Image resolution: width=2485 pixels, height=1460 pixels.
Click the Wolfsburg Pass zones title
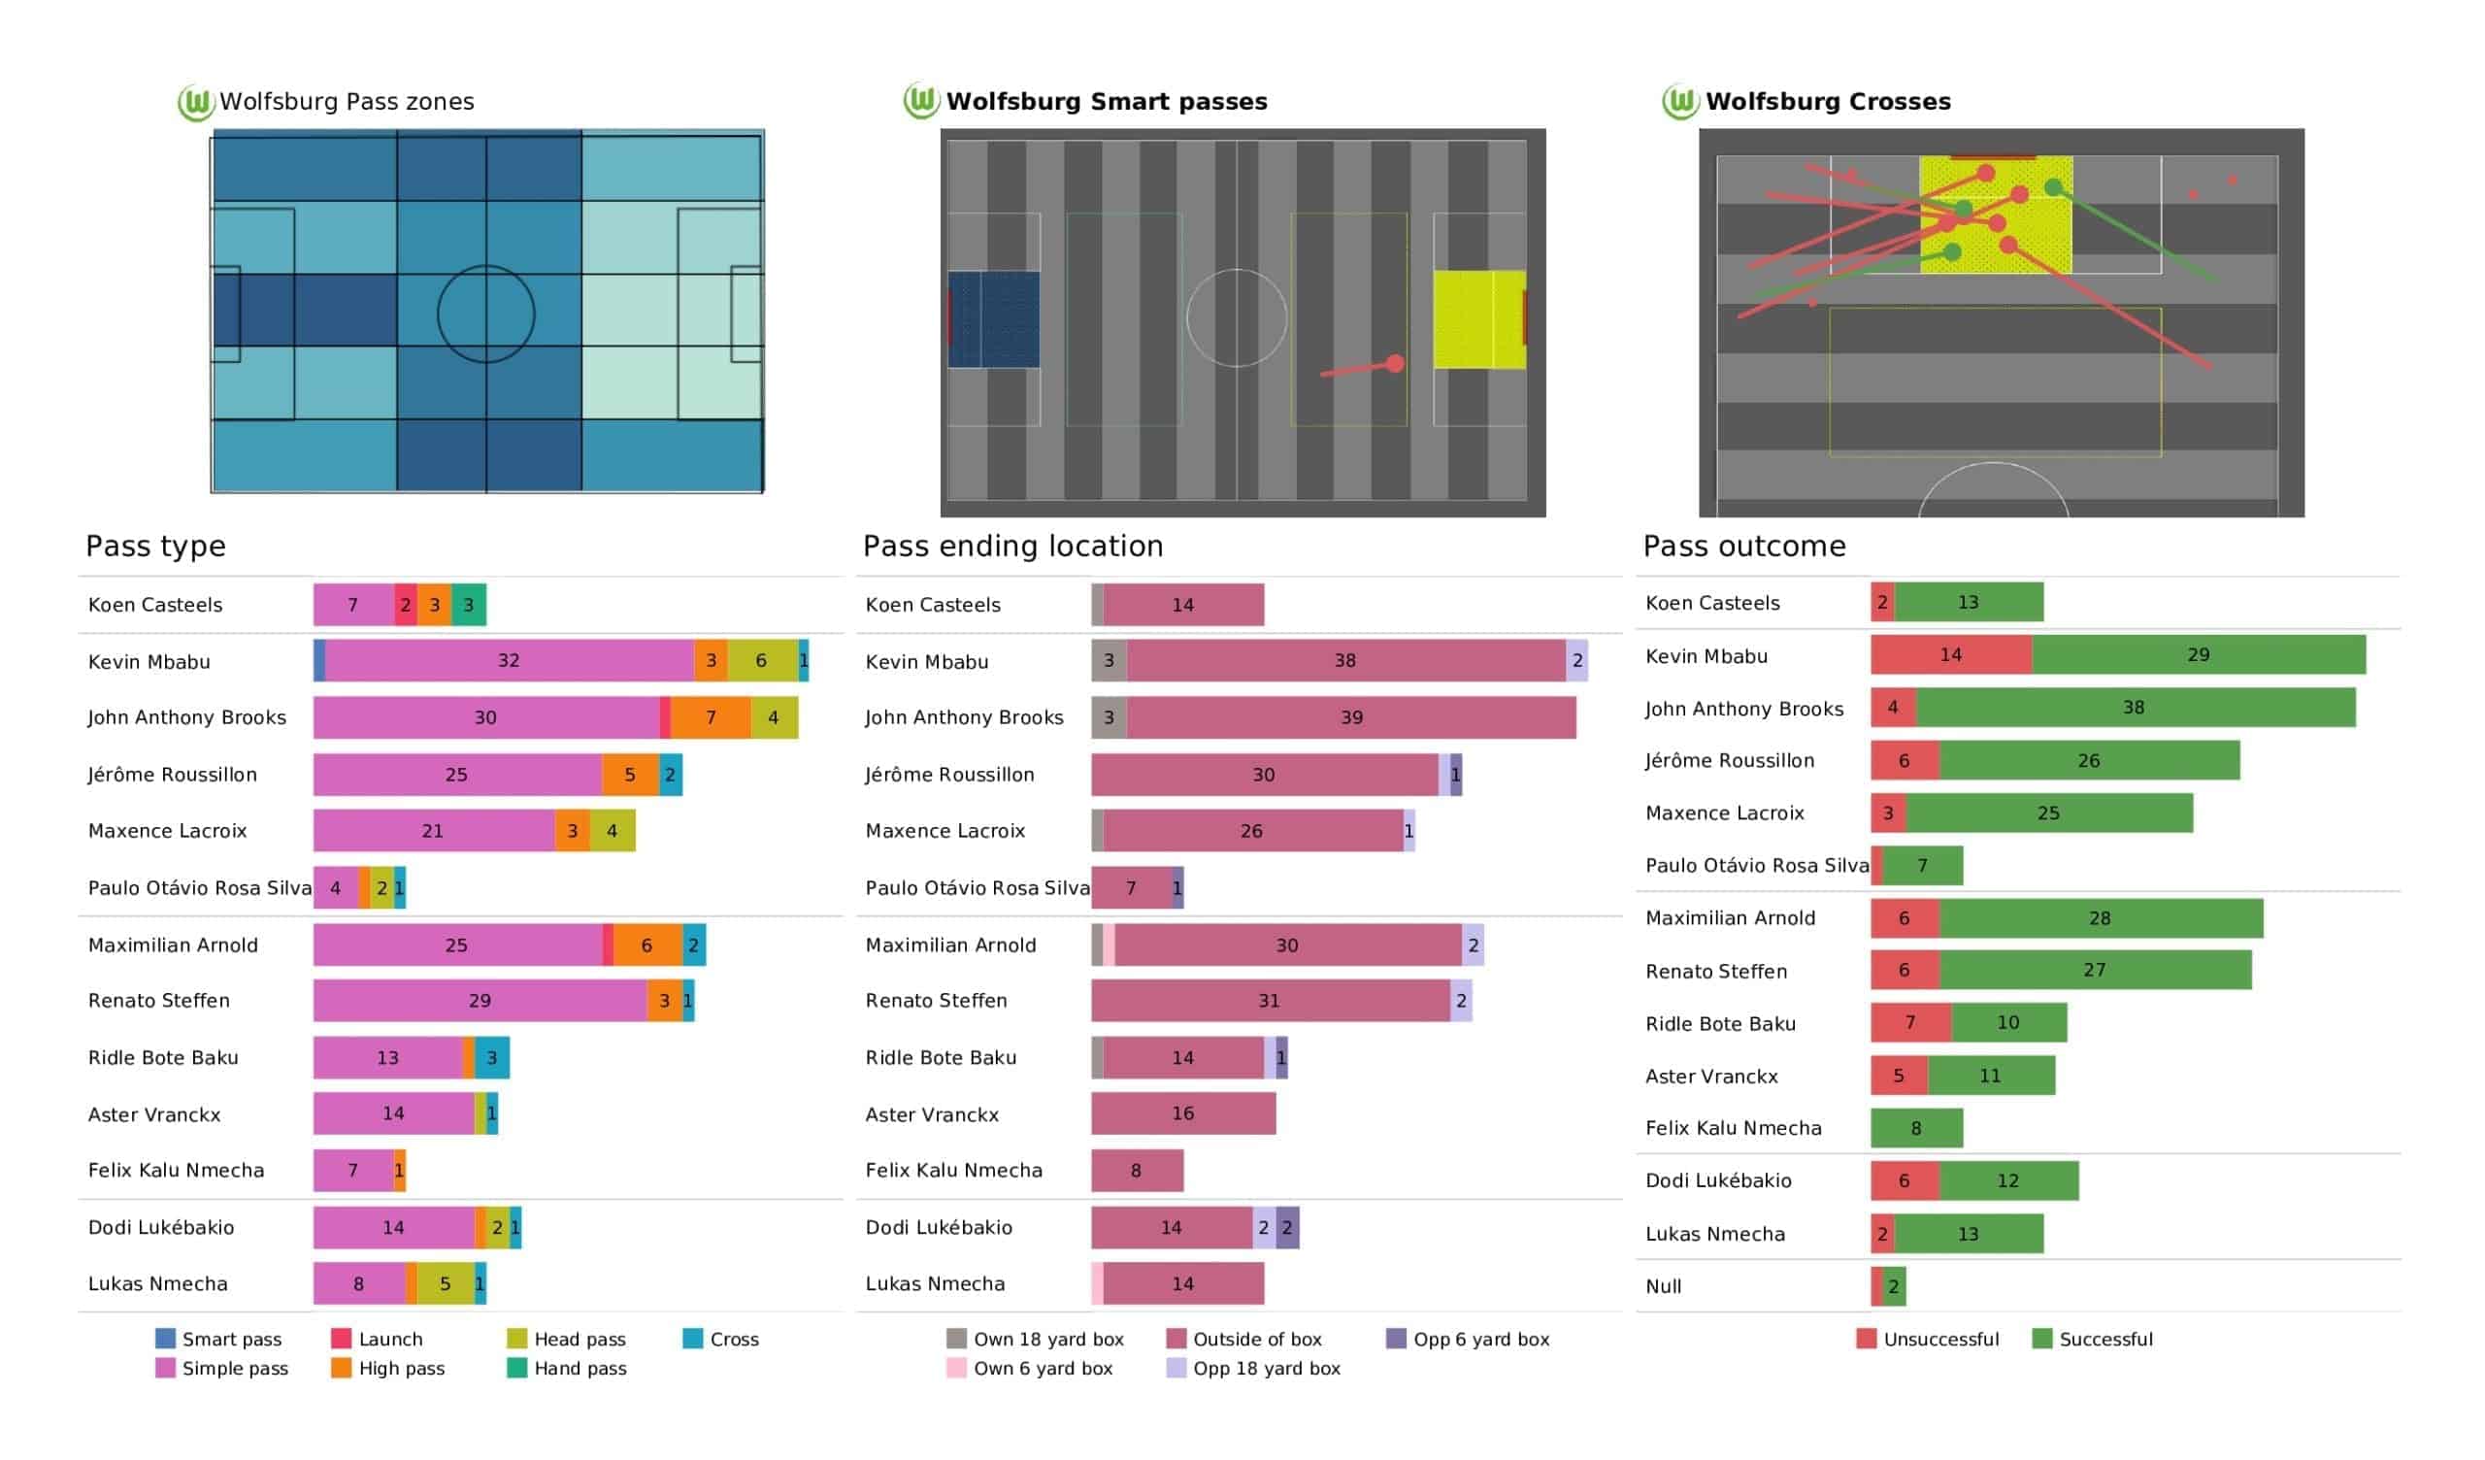[347, 102]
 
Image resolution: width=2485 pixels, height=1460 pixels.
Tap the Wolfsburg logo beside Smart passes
[921, 101]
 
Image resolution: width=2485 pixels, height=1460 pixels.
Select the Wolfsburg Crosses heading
[1827, 102]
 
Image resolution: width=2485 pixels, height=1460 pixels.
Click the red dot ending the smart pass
[1394, 364]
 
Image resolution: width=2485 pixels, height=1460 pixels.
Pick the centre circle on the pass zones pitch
[486, 315]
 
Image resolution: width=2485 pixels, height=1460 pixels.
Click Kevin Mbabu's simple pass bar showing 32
[509, 661]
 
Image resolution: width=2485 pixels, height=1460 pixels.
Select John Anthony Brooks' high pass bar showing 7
[710, 717]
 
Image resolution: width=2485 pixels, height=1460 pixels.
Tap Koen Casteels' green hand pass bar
[469, 605]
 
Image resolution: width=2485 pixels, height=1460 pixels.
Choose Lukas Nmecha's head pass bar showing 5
[445, 1283]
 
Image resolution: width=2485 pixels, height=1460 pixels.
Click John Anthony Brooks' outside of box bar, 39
[1351, 717]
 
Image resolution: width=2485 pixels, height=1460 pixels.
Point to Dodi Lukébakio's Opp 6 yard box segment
[1287, 1227]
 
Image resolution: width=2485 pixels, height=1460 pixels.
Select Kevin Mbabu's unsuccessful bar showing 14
[1950, 655]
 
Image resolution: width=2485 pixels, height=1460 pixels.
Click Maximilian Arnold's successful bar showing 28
[2101, 918]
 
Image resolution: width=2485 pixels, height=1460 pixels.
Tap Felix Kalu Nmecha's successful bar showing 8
[1916, 1129]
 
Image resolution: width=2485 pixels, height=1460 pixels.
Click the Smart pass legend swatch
[166, 1339]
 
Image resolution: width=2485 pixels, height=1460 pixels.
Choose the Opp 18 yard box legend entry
[1252, 1368]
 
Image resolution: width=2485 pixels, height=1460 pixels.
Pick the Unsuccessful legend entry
[1927, 1339]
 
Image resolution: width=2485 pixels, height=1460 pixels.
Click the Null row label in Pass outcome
[1664, 1286]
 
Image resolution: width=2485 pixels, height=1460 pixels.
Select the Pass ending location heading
[1012, 546]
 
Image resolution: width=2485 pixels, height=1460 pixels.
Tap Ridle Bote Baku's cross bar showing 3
[491, 1057]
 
